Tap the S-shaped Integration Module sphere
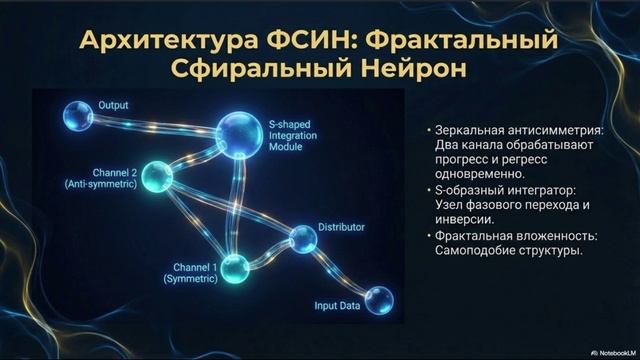tap(239, 132)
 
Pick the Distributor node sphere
tap(303, 238)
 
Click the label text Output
tap(113, 104)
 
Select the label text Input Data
tap(336, 306)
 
